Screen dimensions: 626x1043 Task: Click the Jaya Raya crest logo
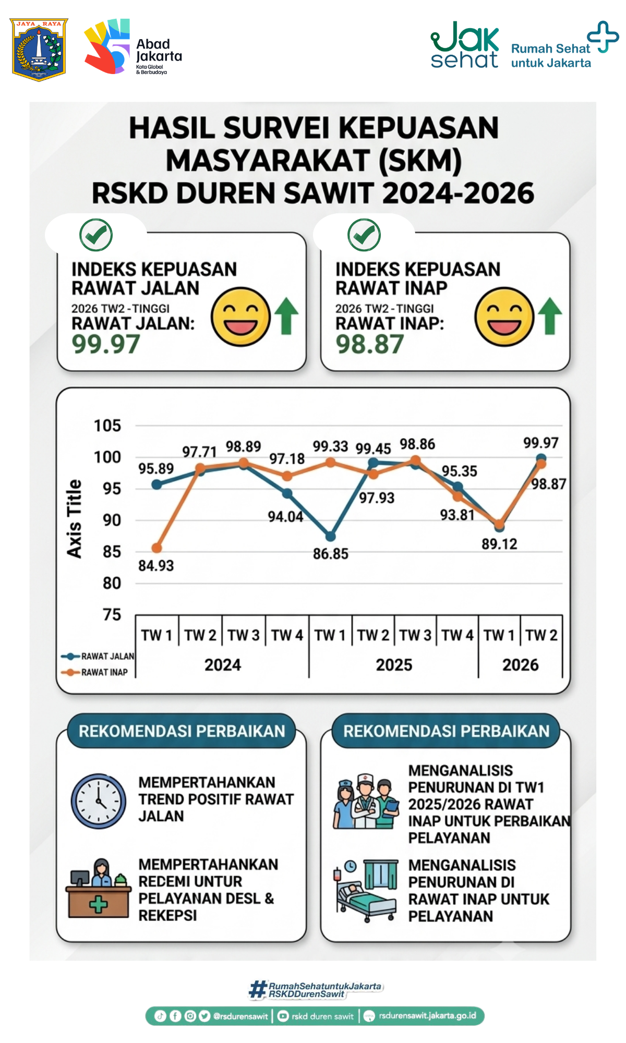point(39,50)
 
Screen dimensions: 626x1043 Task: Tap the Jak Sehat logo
point(464,45)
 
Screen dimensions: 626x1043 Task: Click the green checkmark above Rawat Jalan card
point(96,235)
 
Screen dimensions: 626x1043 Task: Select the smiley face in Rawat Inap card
point(504,317)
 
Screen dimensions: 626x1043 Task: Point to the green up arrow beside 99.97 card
point(286,316)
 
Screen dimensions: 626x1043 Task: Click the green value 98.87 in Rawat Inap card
point(370,344)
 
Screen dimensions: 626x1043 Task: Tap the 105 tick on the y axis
point(107,426)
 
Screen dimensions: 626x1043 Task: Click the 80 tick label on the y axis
point(112,583)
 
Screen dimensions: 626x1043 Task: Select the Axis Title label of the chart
point(74,519)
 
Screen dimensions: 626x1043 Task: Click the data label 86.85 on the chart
point(331,554)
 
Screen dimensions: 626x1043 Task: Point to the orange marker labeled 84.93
point(156,548)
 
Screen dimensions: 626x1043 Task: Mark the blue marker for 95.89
point(156,484)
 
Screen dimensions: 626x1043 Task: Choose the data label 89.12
point(499,544)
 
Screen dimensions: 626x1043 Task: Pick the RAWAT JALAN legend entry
point(98,656)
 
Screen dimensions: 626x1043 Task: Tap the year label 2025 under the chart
point(394,665)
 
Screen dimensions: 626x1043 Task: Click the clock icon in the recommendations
point(99,801)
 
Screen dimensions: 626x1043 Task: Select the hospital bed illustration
point(366,891)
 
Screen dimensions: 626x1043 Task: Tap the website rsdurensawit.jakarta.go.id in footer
point(427,1016)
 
